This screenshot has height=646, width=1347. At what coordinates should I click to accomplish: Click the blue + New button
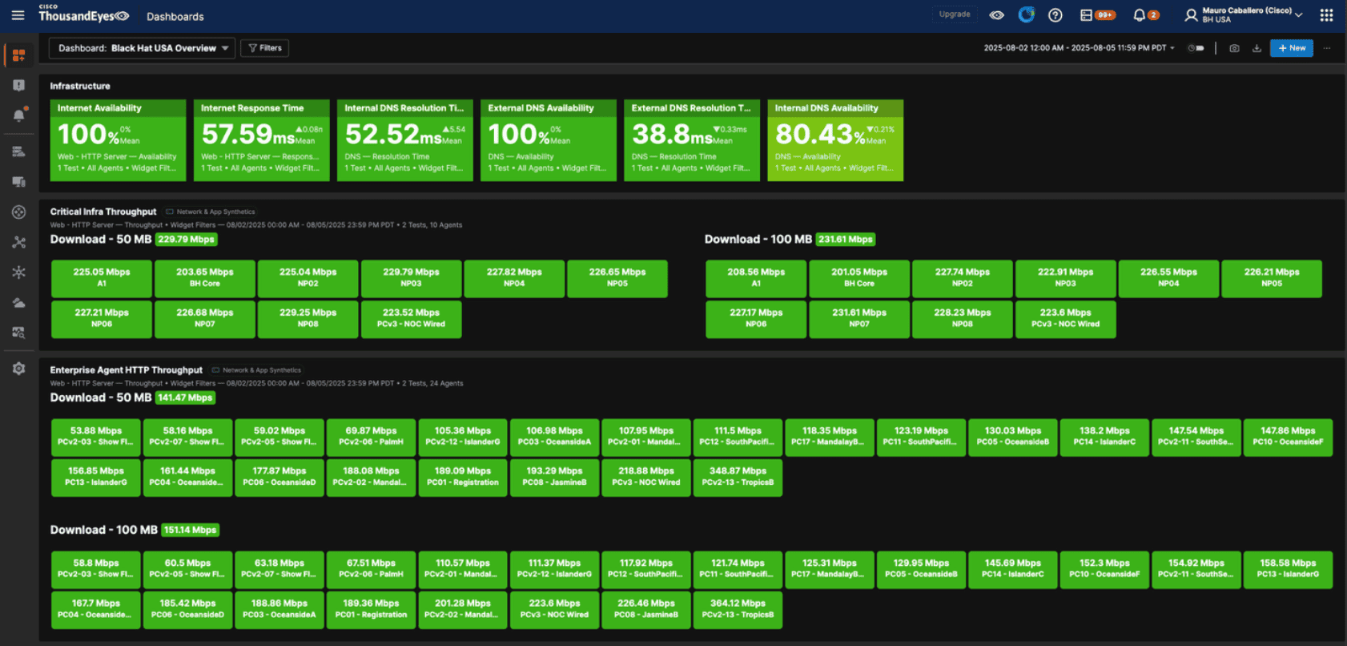[x=1291, y=48]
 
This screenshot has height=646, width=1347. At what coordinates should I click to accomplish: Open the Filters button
[x=265, y=48]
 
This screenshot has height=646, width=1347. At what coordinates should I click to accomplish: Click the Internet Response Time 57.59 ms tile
[x=261, y=140]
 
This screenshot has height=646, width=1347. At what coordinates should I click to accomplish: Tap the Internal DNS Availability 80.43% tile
[x=834, y=140]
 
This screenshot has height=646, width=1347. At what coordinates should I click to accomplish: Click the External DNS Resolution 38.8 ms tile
[x=691, y=140]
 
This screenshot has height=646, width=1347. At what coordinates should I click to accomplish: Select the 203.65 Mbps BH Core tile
[x=204, y=277]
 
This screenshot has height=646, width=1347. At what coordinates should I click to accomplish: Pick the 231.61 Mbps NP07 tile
[x=858, y=318]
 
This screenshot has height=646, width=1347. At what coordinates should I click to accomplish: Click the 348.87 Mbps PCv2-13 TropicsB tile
[x=738, y=477]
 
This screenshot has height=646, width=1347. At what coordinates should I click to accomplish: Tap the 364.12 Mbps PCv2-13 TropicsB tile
[x=738, y=609]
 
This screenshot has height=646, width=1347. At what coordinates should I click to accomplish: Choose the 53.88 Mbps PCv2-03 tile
[x=96, y=436]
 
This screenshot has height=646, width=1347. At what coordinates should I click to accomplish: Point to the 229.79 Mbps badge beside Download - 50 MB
[x=187, y=240]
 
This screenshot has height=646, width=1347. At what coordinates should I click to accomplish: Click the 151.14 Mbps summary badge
[x=191, y=530]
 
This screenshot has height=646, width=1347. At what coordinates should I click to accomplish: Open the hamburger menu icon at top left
[x=18, y=15]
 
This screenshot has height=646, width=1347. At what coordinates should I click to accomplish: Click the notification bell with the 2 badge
[x=1140, y=15]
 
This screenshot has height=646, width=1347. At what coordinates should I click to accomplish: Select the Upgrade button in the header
[x=954, y=14]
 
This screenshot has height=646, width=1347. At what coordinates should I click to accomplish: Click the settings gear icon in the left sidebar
[x=18, y=369]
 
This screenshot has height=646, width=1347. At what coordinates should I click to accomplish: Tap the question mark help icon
[x=1055, y=15]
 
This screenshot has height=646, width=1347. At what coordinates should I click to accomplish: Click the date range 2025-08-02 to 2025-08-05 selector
[x=1078, y=48]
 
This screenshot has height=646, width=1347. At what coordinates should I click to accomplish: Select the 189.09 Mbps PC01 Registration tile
[x=462, y=477]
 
